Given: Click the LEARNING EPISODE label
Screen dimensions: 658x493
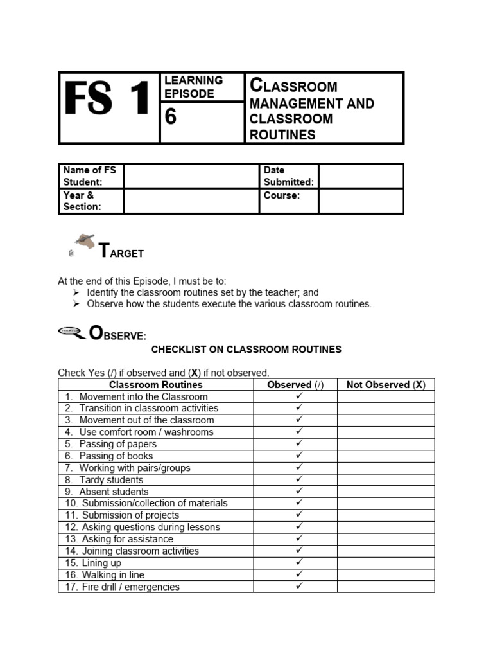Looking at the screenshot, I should pos(193,87).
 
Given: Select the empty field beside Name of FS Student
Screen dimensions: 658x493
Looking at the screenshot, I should pos(191,175).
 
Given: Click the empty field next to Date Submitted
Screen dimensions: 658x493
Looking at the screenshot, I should pos(361,175).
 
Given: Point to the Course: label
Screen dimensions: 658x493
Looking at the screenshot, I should pos(282,195).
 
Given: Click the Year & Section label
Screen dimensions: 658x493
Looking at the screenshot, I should pos(82,200).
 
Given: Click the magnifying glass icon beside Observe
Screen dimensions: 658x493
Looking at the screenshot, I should pos(71,331).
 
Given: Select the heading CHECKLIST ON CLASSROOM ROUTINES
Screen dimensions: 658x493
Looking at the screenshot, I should pos(246,350).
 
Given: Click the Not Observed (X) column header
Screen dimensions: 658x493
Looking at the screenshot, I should pos(385,384).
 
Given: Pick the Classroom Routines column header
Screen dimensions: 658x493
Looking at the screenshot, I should pos(155,384).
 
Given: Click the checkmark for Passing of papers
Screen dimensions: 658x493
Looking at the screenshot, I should pos(298,443).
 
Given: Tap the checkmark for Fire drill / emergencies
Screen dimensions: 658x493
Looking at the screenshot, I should pos(298,586).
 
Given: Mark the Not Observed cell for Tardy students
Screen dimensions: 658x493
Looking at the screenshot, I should pos(385,479).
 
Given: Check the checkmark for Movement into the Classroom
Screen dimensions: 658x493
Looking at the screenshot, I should pos(298,396).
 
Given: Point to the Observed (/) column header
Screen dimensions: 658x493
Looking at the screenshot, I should pos(295,384).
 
